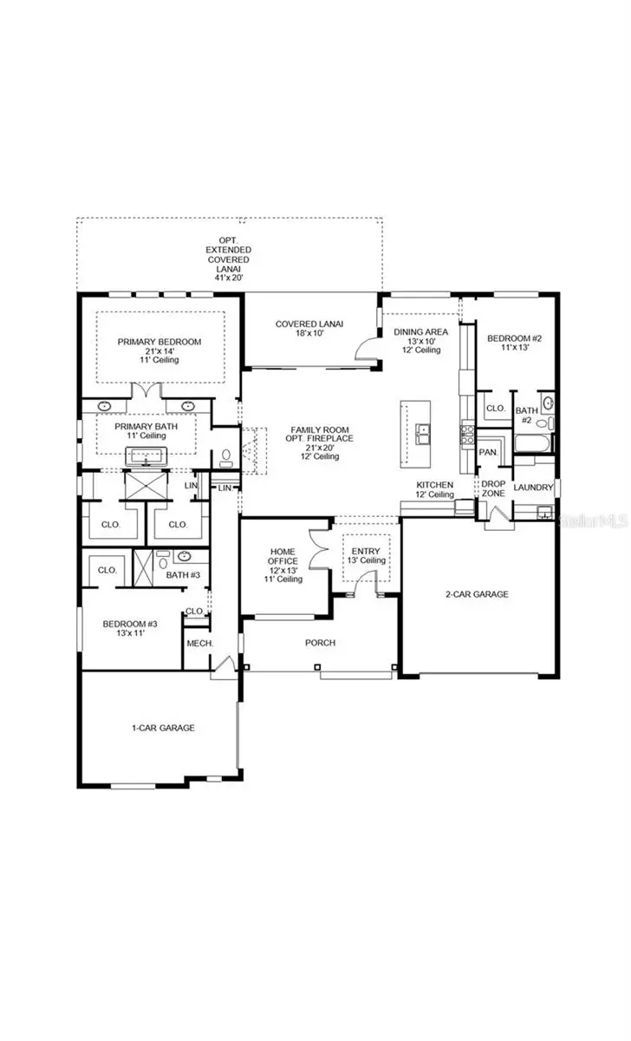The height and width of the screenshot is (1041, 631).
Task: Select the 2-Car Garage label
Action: (477, 594)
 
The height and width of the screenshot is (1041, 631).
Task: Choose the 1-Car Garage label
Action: (158, 728)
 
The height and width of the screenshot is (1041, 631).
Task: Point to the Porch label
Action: (320, 643)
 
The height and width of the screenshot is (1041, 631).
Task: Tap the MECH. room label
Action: (200, 643)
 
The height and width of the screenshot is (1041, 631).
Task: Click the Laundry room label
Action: (533, 488)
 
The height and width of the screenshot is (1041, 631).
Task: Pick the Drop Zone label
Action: (494, 488)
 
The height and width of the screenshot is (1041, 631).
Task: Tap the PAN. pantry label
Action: (488, 453)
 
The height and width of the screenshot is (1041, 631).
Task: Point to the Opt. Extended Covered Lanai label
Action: (228, 254)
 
